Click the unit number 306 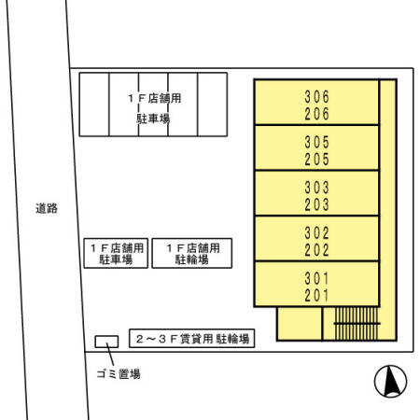(x=317, y=95)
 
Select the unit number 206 (x=317, y=112)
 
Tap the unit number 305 (x=317, y=142)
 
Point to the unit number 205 (x=317, y=159)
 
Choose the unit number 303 (x=317, y=187)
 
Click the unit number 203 (x=317, y=203)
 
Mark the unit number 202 (x=317, y=249)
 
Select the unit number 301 (x=317, y=277)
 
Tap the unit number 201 (x=317, y=295)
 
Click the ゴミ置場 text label (x=119, y=374)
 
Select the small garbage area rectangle (x=106, y=342)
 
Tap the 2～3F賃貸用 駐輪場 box (x=191, y=340)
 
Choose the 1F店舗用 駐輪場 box (x=192, y=254)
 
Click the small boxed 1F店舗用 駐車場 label (x=116, y=254)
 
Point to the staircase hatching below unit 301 (x=356, y=324)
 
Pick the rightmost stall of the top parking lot (x=212, y=105)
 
